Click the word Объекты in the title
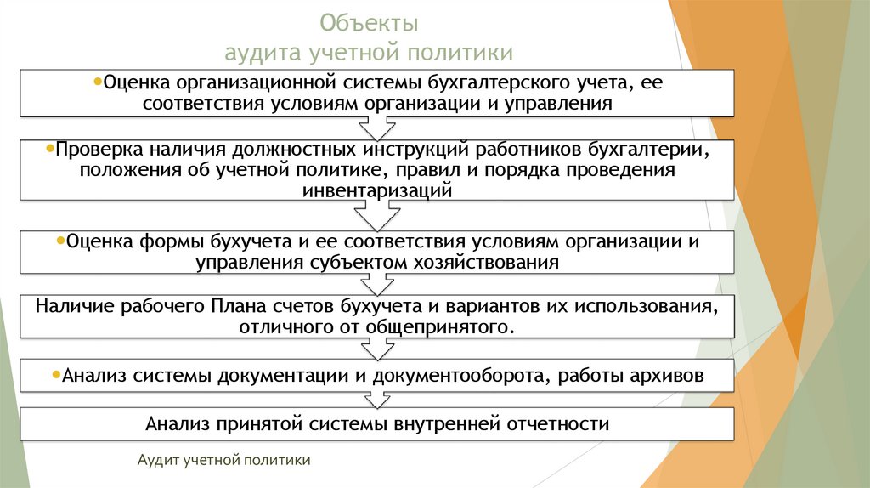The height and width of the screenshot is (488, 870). [369, 21]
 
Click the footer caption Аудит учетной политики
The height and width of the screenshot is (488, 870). [224, 460]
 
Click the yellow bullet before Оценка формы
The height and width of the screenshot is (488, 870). [59, 241]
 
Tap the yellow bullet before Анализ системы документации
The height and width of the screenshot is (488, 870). [56, 373]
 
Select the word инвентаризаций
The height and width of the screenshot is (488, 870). [376, 191]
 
